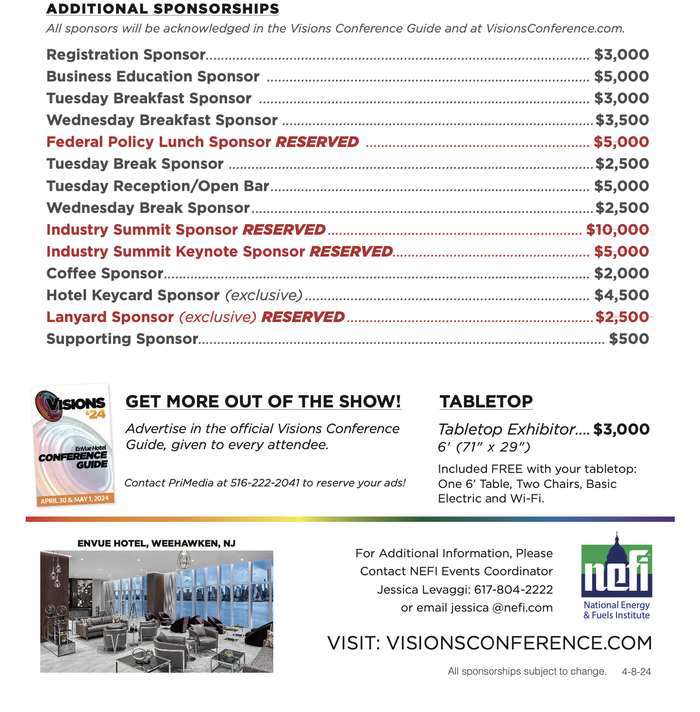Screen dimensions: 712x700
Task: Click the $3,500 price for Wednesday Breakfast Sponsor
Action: (622, 120)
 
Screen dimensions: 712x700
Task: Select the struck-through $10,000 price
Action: (617, 230)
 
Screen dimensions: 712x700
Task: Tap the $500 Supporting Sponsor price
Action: (629, 339)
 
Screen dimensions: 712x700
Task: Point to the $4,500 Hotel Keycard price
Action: (622, 295)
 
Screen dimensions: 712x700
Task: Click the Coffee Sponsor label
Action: (105, 274)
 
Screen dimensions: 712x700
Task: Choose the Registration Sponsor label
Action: (126, 55)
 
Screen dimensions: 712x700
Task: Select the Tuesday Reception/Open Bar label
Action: (158, 186)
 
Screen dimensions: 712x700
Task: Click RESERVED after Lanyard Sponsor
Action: (303, 317)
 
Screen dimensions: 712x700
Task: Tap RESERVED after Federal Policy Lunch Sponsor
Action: (317, 142)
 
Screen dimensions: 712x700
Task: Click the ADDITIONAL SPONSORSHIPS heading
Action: (163, 9)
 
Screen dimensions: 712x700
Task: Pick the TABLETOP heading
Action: (486, 402)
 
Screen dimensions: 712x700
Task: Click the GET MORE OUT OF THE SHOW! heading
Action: (263, 402)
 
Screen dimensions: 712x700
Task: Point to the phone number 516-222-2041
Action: (265, 483)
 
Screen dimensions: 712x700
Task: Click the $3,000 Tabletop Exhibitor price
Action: (621, 429)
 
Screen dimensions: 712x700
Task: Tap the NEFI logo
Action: (617, 575)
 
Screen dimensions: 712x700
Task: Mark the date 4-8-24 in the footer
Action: (636, 672)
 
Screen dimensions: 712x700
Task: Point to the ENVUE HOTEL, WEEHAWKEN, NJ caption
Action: (156, 544)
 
